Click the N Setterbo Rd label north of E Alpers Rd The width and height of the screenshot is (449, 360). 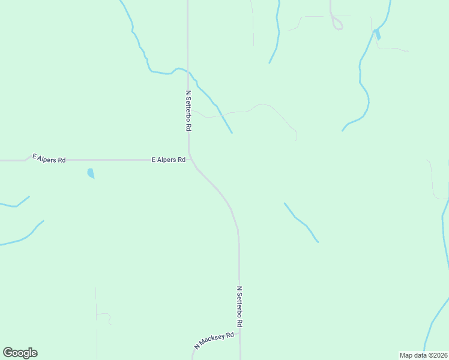pyautogui.click(x=188, y=111)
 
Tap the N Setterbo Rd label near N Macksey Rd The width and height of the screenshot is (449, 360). pyautogui.click(x=240, y=306)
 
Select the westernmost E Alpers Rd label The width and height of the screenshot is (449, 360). pyautogui.click(x=49, y=158)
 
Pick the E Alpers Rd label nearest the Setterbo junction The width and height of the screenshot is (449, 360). pyautogui.click(x=168, y=160)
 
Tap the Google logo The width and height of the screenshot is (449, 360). pyautogui.click(x=20, y=353)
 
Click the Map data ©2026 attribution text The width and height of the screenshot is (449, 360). pyautogui.click(x=423, y=355)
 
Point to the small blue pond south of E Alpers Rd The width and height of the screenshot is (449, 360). pyautogui.click(x=91, y=173)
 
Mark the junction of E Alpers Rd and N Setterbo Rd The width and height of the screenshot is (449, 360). pyautogui.click(x=190, y=160)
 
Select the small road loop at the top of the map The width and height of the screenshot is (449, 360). pyautogui.click(x=337, y=25)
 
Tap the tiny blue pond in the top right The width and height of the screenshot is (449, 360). pyautogui.click(x=377, y=34)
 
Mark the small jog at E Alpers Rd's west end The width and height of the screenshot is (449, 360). pyautogui.click(x=27, y=158)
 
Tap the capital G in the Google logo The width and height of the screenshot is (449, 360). pyautogui.click(x=8, y=353)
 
